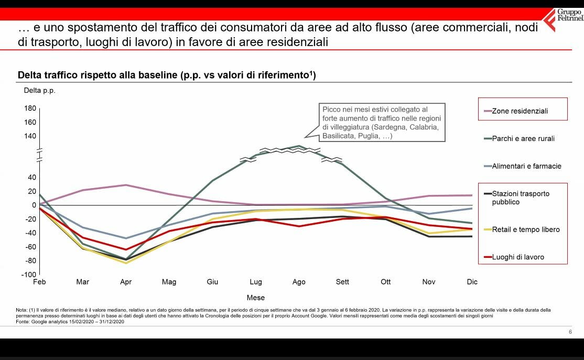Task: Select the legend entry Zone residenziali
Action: pyautogui.click(x=520, y=111)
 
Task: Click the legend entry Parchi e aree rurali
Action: pyautogui.click(x=523, y=138)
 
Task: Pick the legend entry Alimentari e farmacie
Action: pyautogui.click(x=526, y=166)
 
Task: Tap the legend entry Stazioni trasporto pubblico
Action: pyautogui.click(x=521, y=198)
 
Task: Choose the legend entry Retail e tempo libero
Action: pyautogui.click(x=525, y=230)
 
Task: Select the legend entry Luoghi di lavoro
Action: pyautogui.click(x=517, y=257)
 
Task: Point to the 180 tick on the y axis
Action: pyautogui.click(x=30, y=108)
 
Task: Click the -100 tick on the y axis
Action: pyautogui.click(x=29, y=274)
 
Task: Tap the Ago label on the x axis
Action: pyautogui.click(x=299, y=282)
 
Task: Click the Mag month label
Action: pyautogui.click(x=169, y=282)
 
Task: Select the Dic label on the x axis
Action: pyautogui.click(x=472, y=282)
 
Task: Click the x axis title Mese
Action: pyautogui.click(x=255, y=298)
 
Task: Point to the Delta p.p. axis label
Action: pyautogui.click(x=39, y=90)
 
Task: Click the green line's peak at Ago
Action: pyautogui.click(x=299, y=146)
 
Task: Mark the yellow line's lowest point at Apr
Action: pyautogui.click(x=126, y=263)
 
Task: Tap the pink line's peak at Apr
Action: pyautogui.click(x=126, y=185)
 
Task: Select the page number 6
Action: pyautogui.click(x=570, y=332)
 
